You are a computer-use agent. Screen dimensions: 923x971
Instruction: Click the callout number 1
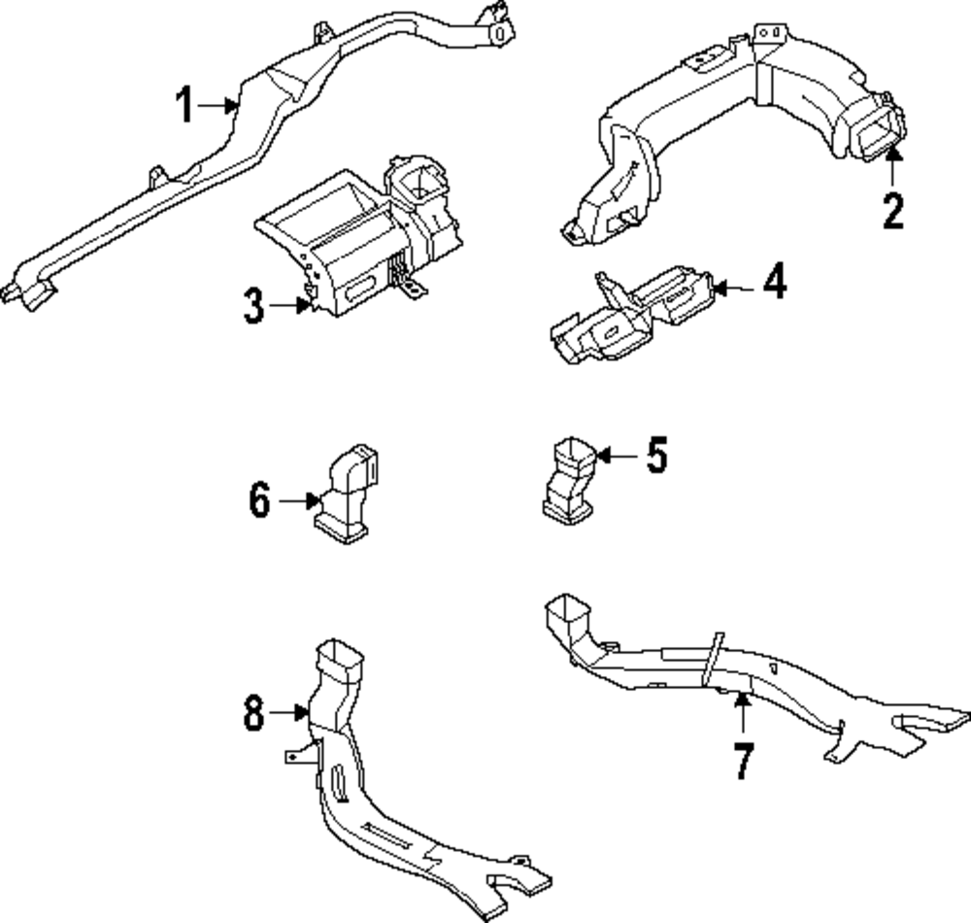tap(184, 104)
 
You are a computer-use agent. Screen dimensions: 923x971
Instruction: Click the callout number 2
tap(892, 210)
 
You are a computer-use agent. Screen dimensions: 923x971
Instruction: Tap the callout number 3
tap(252, 306)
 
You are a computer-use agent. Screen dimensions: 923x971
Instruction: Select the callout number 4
tap(774, 285)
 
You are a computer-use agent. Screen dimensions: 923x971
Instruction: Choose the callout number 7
tap(742, 761)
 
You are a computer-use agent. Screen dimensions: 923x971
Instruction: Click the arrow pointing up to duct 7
tap(742, 714)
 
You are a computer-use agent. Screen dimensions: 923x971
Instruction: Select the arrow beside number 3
tap(291, 306)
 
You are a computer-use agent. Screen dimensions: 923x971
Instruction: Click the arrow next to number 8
tap(288, 714)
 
